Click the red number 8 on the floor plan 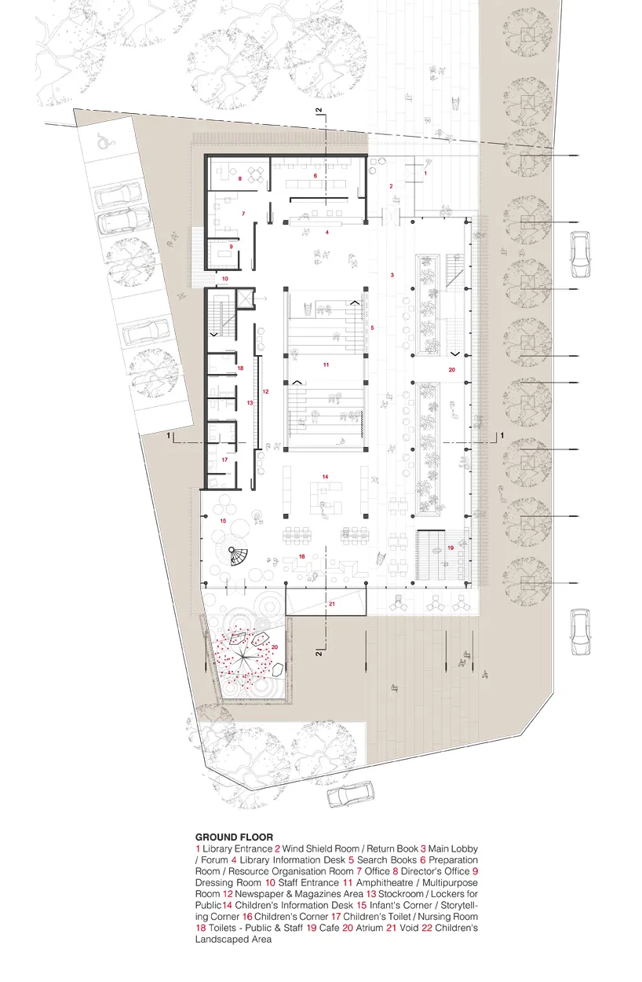click(x=240, y=179)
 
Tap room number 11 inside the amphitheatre click(x=326, y=365)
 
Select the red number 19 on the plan click(x=450, y=548)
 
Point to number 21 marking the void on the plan click(x=332, y=603)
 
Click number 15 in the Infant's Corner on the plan click(x=224, y=521)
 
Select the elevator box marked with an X click(x=245, y=299)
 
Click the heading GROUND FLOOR click(x=234, y=837)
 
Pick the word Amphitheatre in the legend click(x=385, y=882)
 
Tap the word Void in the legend click(x=409, y=928)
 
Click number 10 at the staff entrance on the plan click(x=225, y=279)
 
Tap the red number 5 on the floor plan click(x=372, y=328)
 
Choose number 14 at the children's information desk click(x=325, y=477)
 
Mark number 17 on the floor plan click(x=224, y=460)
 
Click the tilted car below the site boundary click(x=351, y=794)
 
